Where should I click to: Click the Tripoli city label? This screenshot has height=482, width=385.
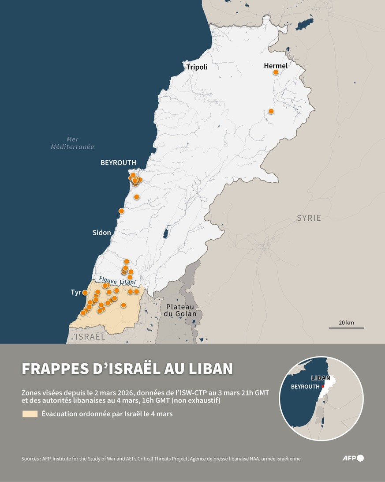click(197, 68)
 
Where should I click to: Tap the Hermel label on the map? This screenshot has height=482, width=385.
click(276, 66)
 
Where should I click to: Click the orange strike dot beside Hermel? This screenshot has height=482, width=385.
click(276, 72)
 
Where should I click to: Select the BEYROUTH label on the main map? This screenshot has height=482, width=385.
click(118, 163)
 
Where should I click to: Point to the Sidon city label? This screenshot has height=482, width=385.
click(102, 233)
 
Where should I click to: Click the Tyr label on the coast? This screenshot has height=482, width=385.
click(76, 293)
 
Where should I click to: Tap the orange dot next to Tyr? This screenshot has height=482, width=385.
click(85, 293)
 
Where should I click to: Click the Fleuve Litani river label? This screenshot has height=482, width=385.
click(117, 280)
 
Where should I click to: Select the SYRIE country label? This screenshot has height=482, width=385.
click(309, 218)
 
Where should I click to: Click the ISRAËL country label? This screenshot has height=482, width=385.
click(90, 337)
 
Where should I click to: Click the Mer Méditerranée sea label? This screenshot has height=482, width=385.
click(72, 143)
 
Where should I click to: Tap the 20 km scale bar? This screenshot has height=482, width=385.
click(346, 328)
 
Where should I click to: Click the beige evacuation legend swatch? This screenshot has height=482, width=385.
click(30, 414)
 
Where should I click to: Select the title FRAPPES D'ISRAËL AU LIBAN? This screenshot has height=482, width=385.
click(127, 369)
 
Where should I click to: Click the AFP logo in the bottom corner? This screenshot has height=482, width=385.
click(353, 458)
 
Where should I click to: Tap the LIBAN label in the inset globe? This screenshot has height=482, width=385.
click(320, 378)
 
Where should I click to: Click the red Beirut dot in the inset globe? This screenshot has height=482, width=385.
click(323, 387)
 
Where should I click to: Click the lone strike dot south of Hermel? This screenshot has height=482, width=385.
click(271, 111)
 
